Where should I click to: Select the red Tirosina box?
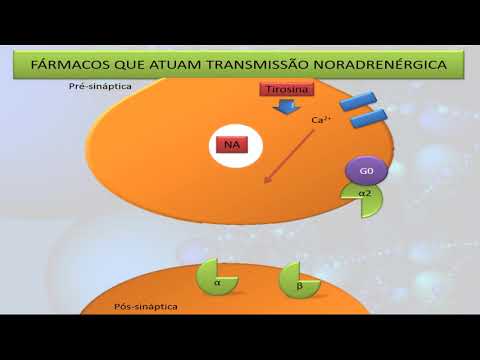click(x=286, y=90)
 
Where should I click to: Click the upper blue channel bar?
click(x=357, y=101)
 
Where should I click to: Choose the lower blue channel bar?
click(x=369, y=118)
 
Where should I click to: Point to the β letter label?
click(x=299, y=287)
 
